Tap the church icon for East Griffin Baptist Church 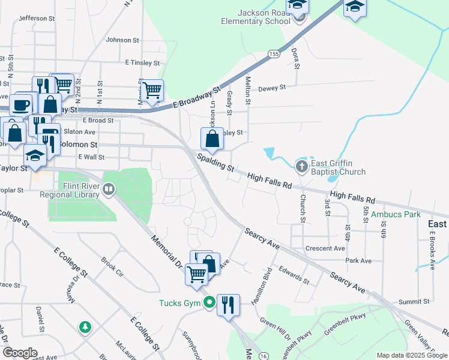[x=302, y=164]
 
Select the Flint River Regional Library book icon [x=109, y=190]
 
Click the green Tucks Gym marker [x=209, y=302]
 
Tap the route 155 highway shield [x=273, y=54]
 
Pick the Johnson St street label [x=122, y=40]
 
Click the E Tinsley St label [x=142, y=62]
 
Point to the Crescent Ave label [x=325, y=248]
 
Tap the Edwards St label [x=294, y=277]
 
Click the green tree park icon [x=86, y=327]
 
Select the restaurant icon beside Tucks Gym [x=229, y=305]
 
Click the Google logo [x=20, y=353]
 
